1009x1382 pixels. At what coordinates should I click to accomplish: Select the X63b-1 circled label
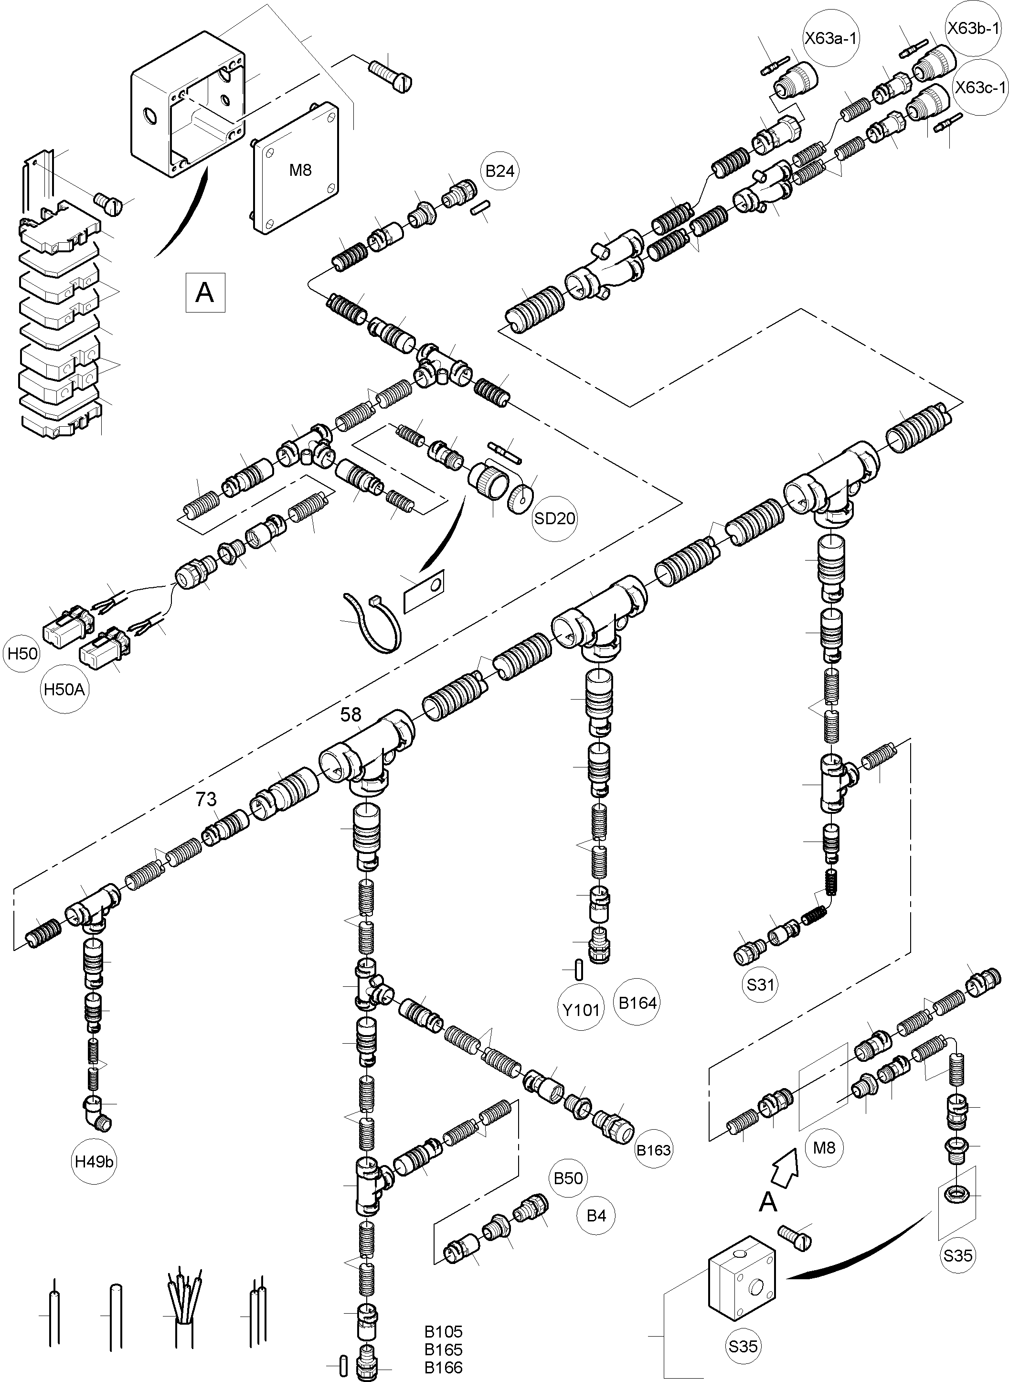[x=974, y=28]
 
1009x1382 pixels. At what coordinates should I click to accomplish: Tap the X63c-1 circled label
[x=980, y=87]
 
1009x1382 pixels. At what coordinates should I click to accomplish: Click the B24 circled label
[x=499, y=171]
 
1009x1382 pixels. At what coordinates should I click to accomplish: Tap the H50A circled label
[x=64, y=690]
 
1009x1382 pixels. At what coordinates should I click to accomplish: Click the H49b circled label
[x=95, y=1161]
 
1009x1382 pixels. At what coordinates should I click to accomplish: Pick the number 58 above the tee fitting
[x=350, y=714]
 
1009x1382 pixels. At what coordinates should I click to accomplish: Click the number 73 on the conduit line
[x=206, y=799]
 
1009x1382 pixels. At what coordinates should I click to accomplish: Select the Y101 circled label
[x=581, y=1009]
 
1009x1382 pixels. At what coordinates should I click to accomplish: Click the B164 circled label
[x=637, y=1003]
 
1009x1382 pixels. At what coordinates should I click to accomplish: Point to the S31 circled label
[x=760, y=984]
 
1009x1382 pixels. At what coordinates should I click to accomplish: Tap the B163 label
[x=654, y=1150]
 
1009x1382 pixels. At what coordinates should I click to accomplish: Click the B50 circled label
[x=568, y=1177]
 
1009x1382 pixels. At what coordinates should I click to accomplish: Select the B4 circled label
[x=596, y=1215]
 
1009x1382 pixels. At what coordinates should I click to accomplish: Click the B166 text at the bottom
[x=444, y=1367]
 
